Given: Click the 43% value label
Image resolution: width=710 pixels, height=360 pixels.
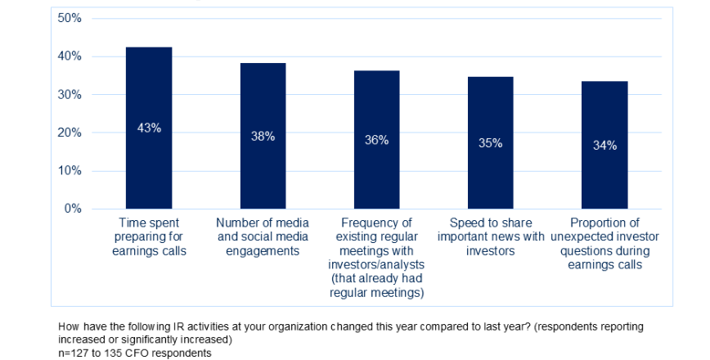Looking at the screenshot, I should point(149,128).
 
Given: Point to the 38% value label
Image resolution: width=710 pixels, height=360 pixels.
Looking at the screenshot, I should point(263,137).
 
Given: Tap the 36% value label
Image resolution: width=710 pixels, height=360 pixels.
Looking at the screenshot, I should point(376,140).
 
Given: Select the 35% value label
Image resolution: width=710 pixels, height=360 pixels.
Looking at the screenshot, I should point(490,143).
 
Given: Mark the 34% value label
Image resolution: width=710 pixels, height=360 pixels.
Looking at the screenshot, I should point(604,146).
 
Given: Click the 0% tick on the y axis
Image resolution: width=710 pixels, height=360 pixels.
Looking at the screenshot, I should point(72,209).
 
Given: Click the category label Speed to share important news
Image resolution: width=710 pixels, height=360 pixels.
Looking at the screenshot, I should point(490,236).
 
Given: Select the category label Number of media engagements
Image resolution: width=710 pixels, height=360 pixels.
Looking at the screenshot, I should point(263,236).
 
